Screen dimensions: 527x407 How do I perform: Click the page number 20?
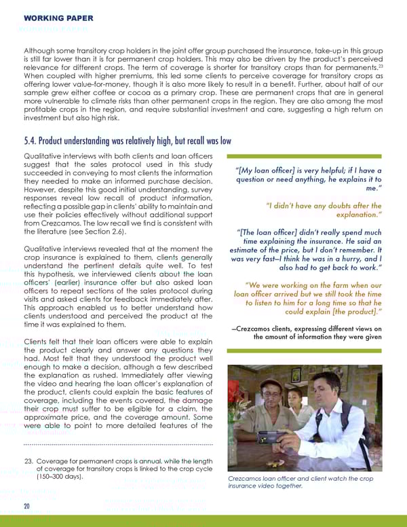coord(27,506)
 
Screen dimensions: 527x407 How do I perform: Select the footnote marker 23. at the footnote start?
coord(29,460)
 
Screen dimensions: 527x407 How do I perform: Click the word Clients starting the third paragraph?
coord(37,341)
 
